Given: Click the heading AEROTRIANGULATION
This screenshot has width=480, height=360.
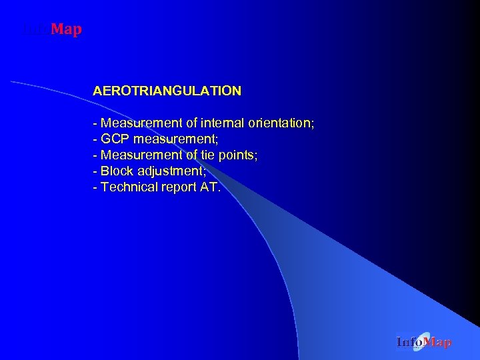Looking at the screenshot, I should point(167,91).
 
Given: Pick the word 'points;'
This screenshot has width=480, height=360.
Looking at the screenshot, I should point(241,155).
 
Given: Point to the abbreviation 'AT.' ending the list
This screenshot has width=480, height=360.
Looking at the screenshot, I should point(209,187).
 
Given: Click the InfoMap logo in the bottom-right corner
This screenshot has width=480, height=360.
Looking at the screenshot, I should point(423,343).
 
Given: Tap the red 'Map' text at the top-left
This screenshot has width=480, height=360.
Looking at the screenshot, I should point(66,29).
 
